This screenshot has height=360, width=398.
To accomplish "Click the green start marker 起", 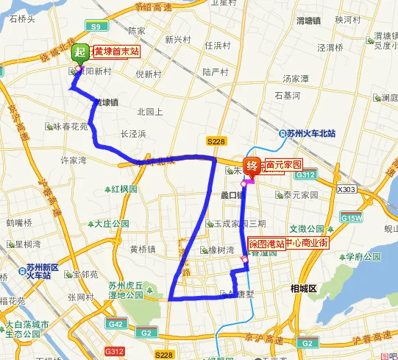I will pos(80,52).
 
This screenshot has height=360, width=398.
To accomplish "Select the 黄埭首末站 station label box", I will pos(118,52).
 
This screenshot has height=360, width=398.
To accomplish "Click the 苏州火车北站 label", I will pos(312,133).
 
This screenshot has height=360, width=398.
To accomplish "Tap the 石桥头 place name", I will pos(22,18).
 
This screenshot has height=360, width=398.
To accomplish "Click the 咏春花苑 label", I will pos(71,127).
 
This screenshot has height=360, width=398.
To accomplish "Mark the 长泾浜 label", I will pos(133,133).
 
